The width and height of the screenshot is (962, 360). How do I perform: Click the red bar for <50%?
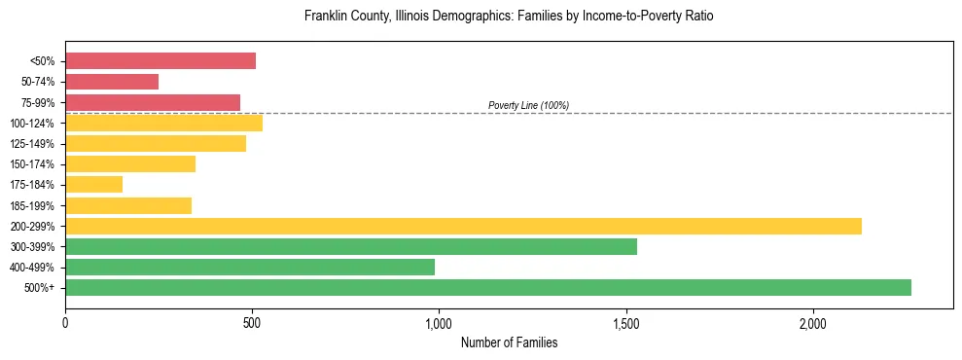pyautogui.click(x=160, y=61)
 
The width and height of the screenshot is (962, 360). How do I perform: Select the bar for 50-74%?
pyautogui.click(x=112, y=82)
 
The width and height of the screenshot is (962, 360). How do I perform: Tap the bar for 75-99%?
pyautogui.click(x=153, y=102)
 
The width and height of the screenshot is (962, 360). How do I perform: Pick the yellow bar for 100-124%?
pyautogui.click(x=163, y=123)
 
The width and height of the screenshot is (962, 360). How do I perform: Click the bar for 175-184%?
pyautogui.click(x=93, y=185)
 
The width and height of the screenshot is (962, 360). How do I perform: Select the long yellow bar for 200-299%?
pyautogui.click(x=463, y=226)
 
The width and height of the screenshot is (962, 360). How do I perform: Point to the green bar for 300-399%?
pyautogui.click(x=351, y=246)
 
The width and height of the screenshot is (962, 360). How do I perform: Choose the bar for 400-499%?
pyautogui.click(x=250, y=267)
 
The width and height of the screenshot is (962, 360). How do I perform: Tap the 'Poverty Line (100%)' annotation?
pyautogui.click(x=528, y=105)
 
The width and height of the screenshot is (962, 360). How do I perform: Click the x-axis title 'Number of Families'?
pyautogui.click(x=509, y=342)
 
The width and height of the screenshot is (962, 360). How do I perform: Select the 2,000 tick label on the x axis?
pyautogui.click(x=813, y=323)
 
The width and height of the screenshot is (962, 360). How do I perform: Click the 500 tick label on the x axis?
pyautogui.click(x=252, y=323)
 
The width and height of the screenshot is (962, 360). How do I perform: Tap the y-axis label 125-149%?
pyautogui.click(x=32, y=144)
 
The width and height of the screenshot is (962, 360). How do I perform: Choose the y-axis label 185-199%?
pyautogui.click(x=32, y=205)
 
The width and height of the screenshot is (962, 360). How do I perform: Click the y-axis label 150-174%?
pyautogui.click(x=32, y=164)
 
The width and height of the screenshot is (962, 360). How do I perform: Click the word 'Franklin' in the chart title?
pyautogui.click(x=326, y=17)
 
